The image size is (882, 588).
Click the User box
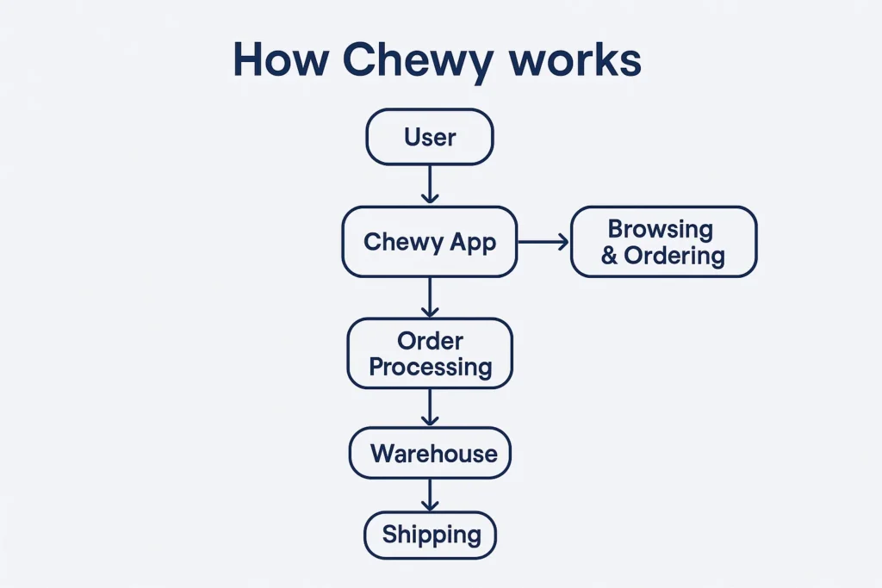point(430,137)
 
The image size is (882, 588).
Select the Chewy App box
point(430,242)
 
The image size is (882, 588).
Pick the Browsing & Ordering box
point(663,242)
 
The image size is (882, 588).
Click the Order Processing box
point(430,353)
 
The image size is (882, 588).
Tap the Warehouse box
point(430,453)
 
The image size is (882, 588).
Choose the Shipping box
point(430,535)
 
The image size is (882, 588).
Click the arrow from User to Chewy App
point(430,184)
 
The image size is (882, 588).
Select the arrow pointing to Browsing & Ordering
point(543,242)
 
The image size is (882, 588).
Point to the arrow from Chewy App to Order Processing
point(430,297)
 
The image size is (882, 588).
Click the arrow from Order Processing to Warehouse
point(430,407)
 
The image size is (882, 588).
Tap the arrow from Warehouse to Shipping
point(430,495)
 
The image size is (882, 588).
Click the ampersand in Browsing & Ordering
point(609,257)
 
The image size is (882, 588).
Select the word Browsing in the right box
point(661,229)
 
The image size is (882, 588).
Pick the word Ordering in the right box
point(675,256)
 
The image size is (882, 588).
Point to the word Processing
point(430,367)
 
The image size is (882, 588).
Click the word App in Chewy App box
point(473,242)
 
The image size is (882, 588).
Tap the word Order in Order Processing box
point(430,340)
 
